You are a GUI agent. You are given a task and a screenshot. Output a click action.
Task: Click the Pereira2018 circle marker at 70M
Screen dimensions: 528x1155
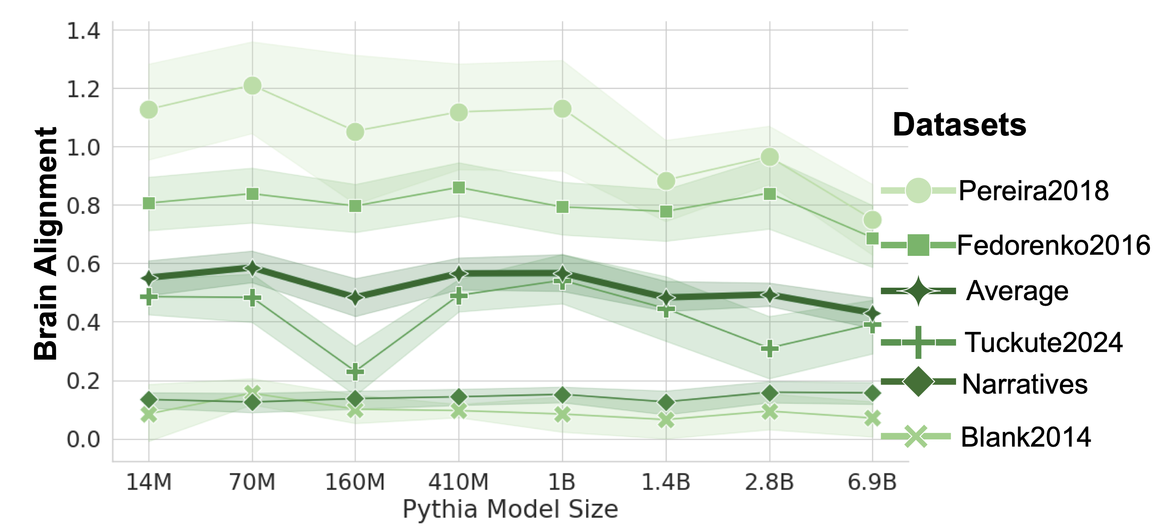(x=252, y=85)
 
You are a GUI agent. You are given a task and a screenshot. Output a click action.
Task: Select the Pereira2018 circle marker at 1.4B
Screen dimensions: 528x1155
(x=666, y=181)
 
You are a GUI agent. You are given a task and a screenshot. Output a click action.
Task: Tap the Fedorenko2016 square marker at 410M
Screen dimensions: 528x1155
(x=459, y=187)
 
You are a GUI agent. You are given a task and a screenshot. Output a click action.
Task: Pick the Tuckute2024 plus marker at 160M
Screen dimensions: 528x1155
(x=355, y=371)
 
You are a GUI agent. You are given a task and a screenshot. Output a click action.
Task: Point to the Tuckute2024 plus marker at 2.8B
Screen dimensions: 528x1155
(x=769, y=348)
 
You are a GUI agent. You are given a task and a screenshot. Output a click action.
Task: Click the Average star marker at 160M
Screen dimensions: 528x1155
(x=355, y=297)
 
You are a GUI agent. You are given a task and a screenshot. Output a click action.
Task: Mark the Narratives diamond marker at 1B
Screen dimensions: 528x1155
(x=562, y=395)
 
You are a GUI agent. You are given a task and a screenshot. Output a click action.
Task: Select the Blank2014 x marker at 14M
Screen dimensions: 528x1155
(x=149, y=414)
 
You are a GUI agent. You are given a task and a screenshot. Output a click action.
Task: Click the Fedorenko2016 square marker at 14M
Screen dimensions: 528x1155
(x=149, y=204)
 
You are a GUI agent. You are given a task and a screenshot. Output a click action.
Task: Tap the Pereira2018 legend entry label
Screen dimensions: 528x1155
(x=1034, y=191)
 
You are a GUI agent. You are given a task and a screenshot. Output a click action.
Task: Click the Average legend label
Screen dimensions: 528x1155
(x=1017, y=291)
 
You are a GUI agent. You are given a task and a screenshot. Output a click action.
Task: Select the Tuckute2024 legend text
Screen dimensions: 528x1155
(x=1043, y=342)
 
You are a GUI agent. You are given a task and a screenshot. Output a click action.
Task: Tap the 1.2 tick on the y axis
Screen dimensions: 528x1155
(x=84, y=89)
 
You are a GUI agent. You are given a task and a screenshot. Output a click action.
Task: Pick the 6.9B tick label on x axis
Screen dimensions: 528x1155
(x=872, y=482)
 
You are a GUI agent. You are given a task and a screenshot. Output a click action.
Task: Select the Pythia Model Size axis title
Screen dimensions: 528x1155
(x=510, y=509)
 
